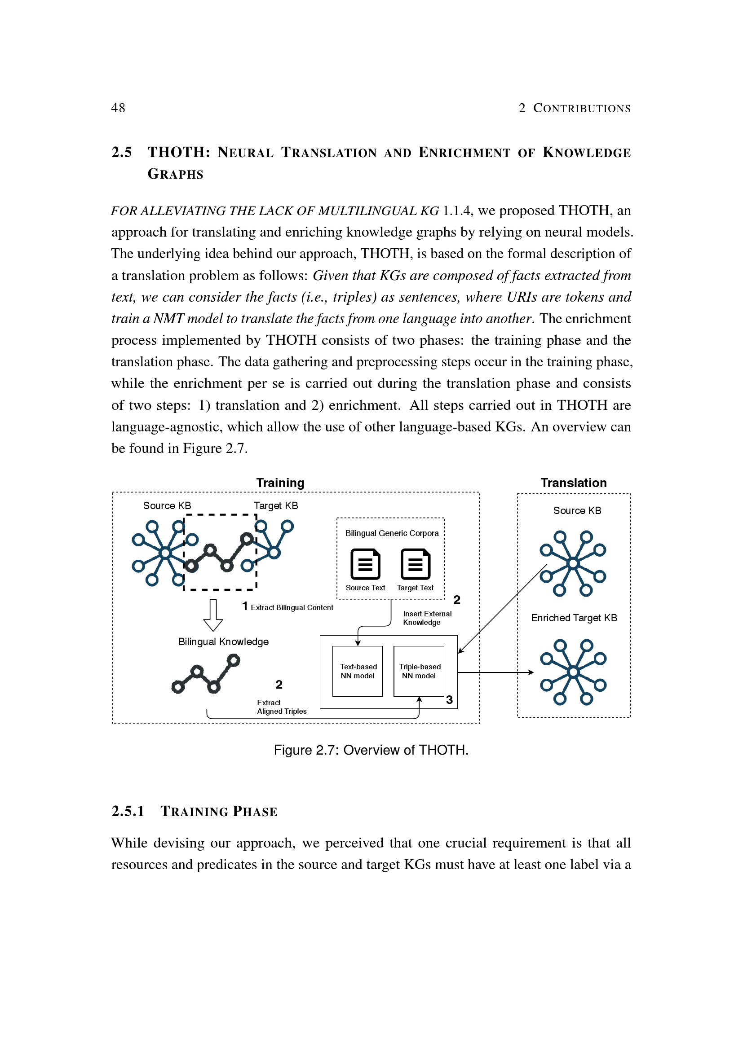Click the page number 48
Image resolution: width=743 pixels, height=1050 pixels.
[x=118, y=108]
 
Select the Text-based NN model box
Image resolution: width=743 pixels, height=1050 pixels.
[x=357, y=671]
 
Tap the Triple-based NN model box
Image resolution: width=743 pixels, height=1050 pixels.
[x=419, y=671]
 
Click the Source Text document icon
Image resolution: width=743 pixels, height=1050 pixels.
[x=365, y=564]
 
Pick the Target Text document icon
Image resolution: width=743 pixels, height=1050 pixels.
[x=415, y=564]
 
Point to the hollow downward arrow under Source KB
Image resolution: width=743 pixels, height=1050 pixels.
[x=213, y=615]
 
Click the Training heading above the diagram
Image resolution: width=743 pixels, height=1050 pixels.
[x=280, y=483]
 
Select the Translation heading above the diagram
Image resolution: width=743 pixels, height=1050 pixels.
[x=573, y=483]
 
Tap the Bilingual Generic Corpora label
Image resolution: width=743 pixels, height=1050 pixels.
[x=392, y=533]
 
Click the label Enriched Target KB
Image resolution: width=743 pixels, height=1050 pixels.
[x=574, y=618]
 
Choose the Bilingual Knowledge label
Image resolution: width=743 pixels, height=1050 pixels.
[x=223, y=641]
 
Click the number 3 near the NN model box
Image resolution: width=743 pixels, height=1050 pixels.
[x=449, y=700]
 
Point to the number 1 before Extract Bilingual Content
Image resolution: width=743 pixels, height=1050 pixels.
[x=245, y=606]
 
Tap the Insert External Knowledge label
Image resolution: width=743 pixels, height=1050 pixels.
[x=427, y=618]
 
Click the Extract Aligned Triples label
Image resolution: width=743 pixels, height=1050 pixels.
[x=281, y=707]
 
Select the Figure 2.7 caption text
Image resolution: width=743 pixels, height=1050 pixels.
[x=371, y=750]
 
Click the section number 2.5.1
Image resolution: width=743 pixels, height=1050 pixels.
[x=128, y=811]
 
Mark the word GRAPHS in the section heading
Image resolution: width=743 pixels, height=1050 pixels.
[x=175, y=174]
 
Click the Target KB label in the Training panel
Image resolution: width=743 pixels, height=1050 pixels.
[x=276, y=505]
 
